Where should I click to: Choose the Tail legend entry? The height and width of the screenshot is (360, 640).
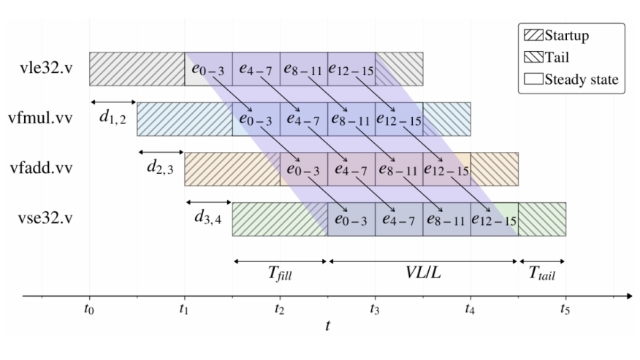tap(565, 59)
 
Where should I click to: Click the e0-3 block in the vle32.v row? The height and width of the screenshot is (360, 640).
tap(208, 69)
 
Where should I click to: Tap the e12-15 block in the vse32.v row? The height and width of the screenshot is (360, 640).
tap(495, 219)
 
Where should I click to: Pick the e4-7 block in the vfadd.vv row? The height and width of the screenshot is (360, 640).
tap(351, 169)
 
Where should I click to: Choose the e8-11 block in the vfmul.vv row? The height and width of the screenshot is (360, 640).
tap(351, 119)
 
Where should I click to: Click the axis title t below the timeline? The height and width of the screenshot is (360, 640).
tap(328, 328)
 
